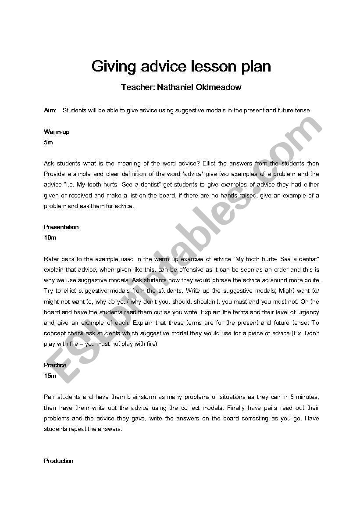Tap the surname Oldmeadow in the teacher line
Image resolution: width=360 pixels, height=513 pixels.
pos(219,87)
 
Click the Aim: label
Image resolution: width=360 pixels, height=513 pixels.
pos(50,111)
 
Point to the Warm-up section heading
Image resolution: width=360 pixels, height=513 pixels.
pos(57,132)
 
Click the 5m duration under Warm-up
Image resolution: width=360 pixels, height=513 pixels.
pos(48,143)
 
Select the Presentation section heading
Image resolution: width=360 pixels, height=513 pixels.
pos(61,227)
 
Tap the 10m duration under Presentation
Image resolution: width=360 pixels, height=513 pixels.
pos(50,237)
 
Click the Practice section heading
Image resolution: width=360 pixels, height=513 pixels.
pos(55,365)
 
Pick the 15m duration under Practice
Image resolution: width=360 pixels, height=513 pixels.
pos(50,376)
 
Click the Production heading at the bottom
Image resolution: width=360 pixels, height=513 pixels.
pos(59,461)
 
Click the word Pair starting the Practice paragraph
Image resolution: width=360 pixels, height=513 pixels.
pos(50,397)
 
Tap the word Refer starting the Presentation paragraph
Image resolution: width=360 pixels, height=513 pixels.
pos(51,259)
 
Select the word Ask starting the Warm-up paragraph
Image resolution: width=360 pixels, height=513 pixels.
pos(49,164)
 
